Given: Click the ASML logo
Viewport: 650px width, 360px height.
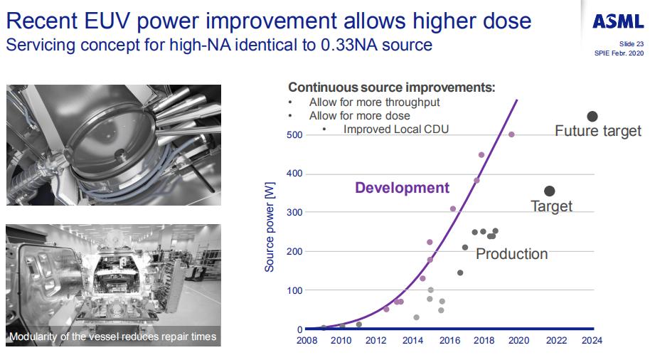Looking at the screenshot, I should click(618, 21).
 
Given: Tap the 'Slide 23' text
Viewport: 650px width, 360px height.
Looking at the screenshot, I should click(631, 44).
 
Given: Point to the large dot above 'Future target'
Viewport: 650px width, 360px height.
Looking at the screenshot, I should click(592, 117).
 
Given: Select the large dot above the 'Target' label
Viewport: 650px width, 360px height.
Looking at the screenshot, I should click(549, 191).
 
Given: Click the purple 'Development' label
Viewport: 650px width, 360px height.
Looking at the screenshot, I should click(402, 188).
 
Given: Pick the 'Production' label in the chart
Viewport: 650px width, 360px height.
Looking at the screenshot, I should click(511, 254).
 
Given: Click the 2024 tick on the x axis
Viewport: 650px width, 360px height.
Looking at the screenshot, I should click(592, 341).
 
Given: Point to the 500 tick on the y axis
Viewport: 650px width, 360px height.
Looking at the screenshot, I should click(294, 135).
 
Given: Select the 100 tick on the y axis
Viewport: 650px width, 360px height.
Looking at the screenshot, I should click(294, 290).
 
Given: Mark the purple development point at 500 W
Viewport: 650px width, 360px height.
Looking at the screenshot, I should click(511, 134).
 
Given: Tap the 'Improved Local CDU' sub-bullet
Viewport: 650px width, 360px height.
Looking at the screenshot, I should click(396, 129).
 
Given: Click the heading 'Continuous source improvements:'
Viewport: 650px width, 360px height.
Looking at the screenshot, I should click(391, 88).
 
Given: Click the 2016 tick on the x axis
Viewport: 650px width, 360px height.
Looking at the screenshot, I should click(449, 341).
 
